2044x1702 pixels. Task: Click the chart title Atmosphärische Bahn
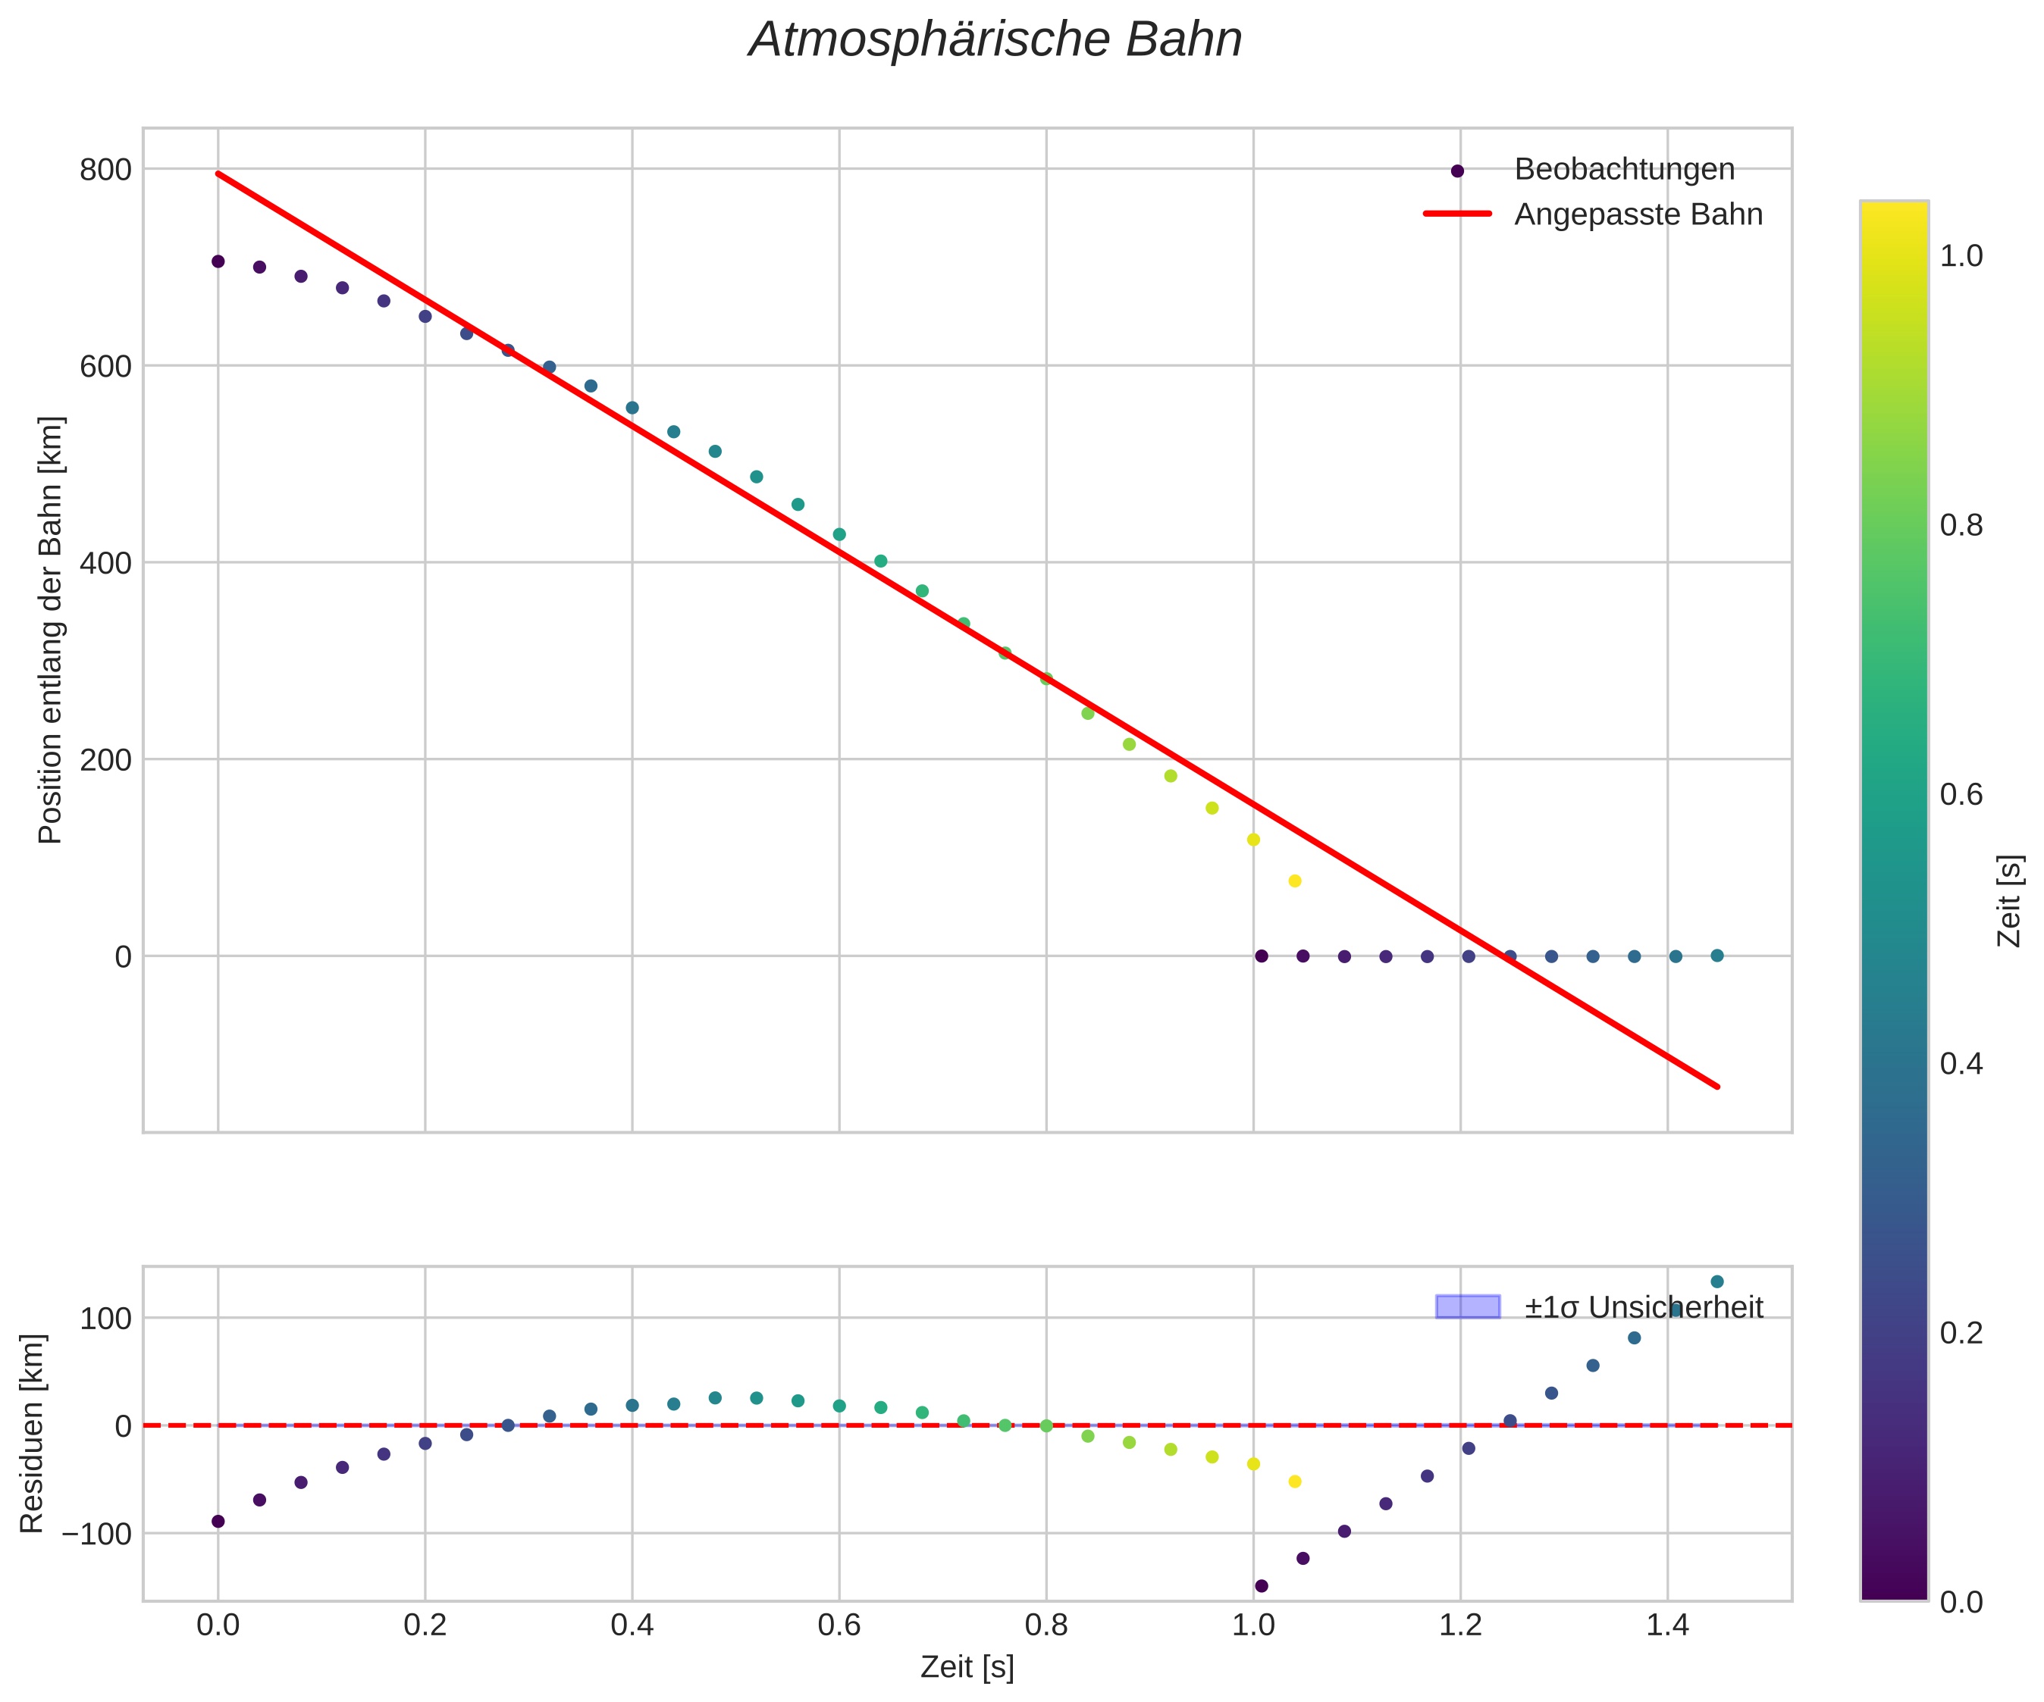point(995,41)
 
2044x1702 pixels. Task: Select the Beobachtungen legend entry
point(1623,169)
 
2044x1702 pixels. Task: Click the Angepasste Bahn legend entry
point(1637,214)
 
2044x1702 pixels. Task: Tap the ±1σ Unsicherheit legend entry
point(1643,1307)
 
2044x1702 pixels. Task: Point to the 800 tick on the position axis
point(105,169)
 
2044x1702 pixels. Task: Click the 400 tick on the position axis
point(105,562)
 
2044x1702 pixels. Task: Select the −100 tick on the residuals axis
point(96,1534)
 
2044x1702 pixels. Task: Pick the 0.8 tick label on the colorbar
point(1961,525)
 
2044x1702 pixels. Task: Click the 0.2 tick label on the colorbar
point(1961,1332)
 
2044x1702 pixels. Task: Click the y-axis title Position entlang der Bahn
point(51,630)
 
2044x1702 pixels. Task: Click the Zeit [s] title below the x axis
point(967,1667)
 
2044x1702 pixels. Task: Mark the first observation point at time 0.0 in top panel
point(218,261)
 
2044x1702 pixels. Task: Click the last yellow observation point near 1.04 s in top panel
point(1294,881)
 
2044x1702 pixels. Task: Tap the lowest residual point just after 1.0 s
point(1262,1585)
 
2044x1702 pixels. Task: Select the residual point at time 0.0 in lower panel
point(218,1521)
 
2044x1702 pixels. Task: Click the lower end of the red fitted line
point(1718,1086)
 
